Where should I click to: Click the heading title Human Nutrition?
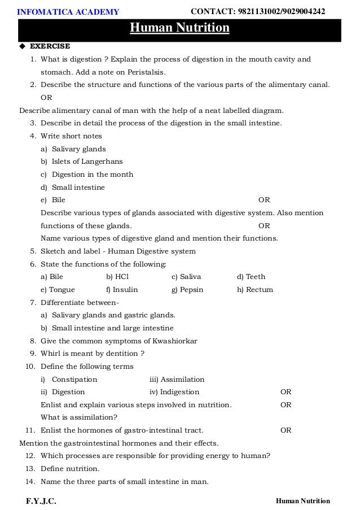point(180,28)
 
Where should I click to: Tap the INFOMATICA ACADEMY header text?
point(68,12)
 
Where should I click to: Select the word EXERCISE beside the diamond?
point(50,46)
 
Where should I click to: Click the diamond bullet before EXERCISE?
point(22,46)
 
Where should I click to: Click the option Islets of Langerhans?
point(87,162)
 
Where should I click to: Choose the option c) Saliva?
point(186,277)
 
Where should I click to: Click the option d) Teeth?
point(251,277)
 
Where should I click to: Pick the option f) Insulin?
point(122,290)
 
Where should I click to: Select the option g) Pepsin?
point(187,290)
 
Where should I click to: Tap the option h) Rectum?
point(255,290)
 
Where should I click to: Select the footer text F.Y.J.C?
point(41,501)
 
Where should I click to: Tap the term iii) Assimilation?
point(177,379)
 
